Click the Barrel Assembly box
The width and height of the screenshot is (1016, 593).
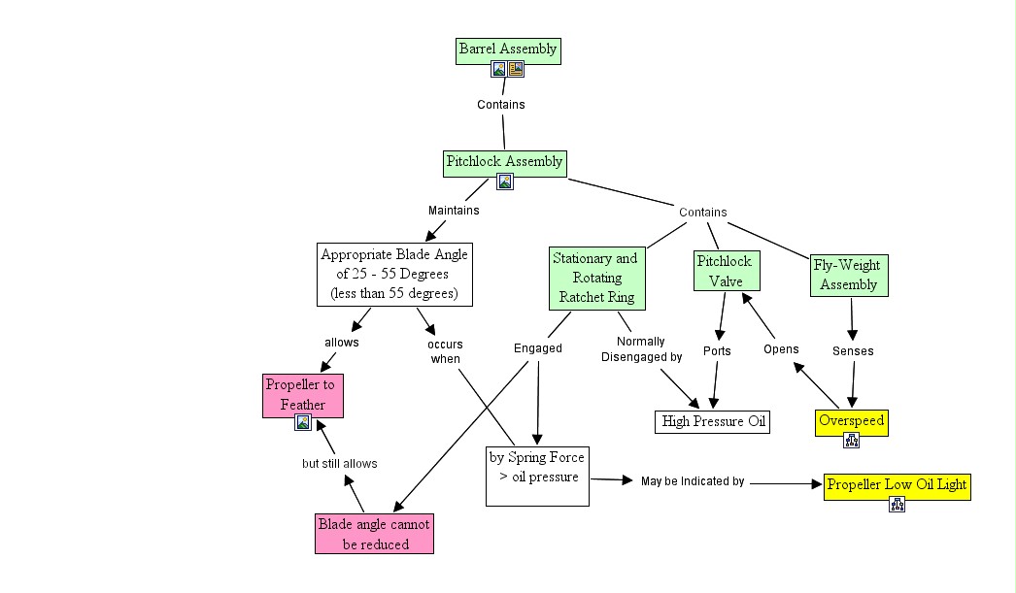tap(508, 49)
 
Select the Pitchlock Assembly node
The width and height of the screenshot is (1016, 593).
tap(504, 162)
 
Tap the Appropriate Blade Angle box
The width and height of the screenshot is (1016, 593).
tap(394, 275)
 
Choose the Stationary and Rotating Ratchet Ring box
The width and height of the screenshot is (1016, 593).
tap(595, 277)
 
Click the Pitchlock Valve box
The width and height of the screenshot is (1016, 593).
tap(725, 271)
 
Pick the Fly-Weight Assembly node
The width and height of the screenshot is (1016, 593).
tap(849, 275)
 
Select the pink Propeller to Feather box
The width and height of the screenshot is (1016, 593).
tap(303, 394)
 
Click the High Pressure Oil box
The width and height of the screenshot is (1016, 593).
tap(714, 421)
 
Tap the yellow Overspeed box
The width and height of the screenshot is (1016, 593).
tap(851, 421)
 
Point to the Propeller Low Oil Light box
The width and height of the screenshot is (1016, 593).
tap(897, 484)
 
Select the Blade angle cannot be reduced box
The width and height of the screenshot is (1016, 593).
tap(374, 534)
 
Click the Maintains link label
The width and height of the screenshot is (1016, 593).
tap(454, 210)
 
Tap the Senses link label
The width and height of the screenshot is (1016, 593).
tap(853, 350)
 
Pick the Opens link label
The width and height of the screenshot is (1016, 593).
tap(781, 349)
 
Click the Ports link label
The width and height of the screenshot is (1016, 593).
tap(717, 350)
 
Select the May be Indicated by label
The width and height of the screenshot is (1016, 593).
tap(693, 481)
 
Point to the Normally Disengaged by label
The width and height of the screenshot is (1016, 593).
tap(641, 349)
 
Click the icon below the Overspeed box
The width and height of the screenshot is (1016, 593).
tap(852, 441)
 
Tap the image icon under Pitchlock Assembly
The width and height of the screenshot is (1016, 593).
tap(505, 181)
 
